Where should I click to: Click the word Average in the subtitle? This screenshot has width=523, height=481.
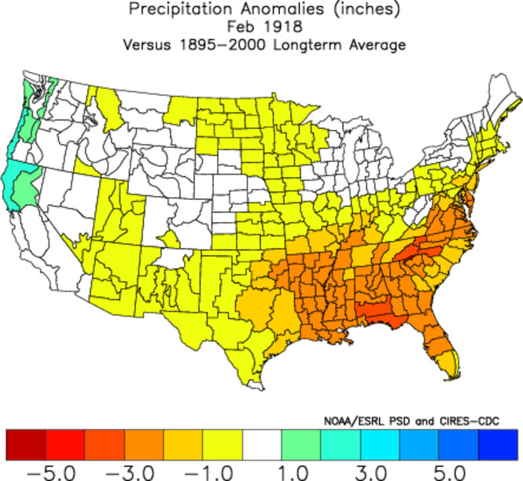point(378,45)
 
